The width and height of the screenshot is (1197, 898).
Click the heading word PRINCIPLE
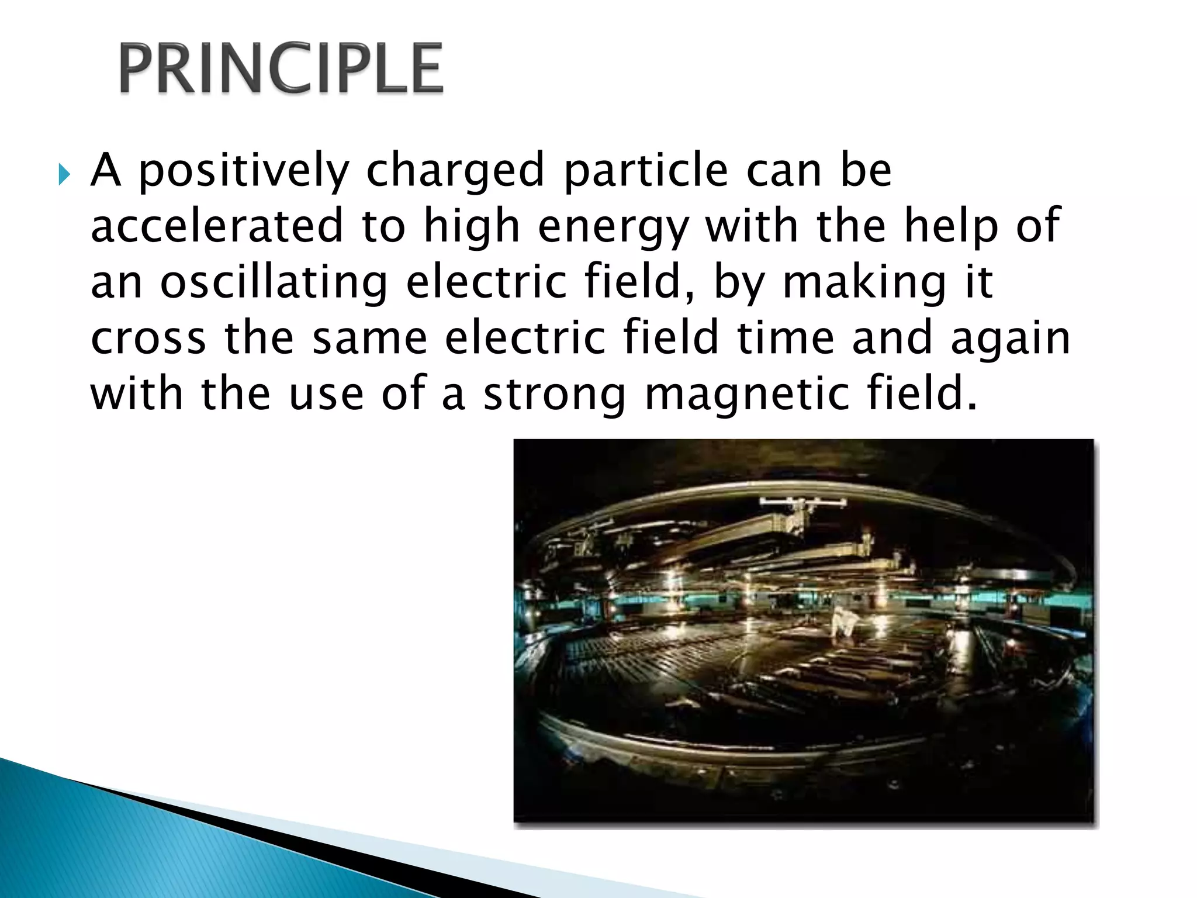(281, 69)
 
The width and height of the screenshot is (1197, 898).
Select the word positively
(243, 171)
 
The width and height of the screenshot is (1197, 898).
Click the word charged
(455, 171)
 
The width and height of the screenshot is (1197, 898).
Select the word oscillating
(274, 282)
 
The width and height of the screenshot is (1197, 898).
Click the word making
(864, 282)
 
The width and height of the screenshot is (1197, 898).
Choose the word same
(370, 338)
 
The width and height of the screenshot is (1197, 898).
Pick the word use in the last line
(326, 394)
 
